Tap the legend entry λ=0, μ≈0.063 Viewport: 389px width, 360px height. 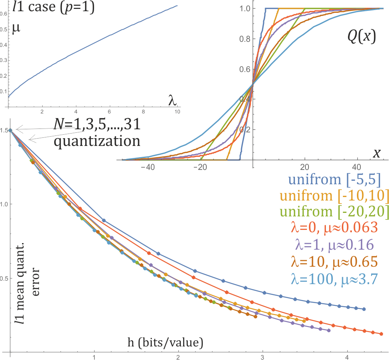point(334,228)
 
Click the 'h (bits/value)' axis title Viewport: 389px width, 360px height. point(166,342)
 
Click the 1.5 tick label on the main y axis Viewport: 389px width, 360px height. point(5,130)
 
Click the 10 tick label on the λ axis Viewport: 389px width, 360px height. point(177,112)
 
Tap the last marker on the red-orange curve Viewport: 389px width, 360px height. point(381,334)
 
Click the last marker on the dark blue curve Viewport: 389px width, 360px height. point(364,309)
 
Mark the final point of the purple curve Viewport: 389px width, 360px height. point(329,330)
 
